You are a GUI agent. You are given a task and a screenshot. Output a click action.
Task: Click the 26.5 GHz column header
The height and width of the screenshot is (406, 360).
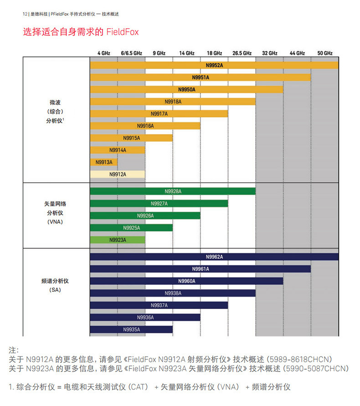point(242,53)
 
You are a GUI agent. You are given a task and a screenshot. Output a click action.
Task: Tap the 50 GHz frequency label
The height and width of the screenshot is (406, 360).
point(325,53)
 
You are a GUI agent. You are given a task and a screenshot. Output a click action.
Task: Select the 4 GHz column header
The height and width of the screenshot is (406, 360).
point(103,53)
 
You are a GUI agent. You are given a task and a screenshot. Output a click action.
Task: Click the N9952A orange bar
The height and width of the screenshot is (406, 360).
point(214,66)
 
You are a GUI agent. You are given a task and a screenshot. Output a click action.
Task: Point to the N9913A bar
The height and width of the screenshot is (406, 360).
point(104,162)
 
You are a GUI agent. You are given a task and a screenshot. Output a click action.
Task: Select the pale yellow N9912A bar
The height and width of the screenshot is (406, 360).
point(118,174)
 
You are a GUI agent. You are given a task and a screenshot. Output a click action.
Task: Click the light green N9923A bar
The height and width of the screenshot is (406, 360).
point(118,239)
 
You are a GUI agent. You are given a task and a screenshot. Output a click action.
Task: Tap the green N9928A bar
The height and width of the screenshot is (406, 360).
point(173,191)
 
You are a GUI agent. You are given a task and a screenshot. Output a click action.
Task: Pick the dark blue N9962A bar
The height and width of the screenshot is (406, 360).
point(214,257)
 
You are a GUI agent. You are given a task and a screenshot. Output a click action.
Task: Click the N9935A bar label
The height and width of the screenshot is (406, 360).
point(131,330)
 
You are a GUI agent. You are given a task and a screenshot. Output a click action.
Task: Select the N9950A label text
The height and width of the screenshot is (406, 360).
point(186,90)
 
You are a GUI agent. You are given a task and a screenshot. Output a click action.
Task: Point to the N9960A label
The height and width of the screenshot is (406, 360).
point(186,281)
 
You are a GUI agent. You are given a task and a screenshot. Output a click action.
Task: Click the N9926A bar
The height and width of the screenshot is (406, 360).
point(145,215)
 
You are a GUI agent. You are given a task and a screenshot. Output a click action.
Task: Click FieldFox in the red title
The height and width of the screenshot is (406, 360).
point(123,32)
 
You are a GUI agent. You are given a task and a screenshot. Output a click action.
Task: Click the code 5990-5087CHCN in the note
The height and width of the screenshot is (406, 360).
point(316,368)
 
